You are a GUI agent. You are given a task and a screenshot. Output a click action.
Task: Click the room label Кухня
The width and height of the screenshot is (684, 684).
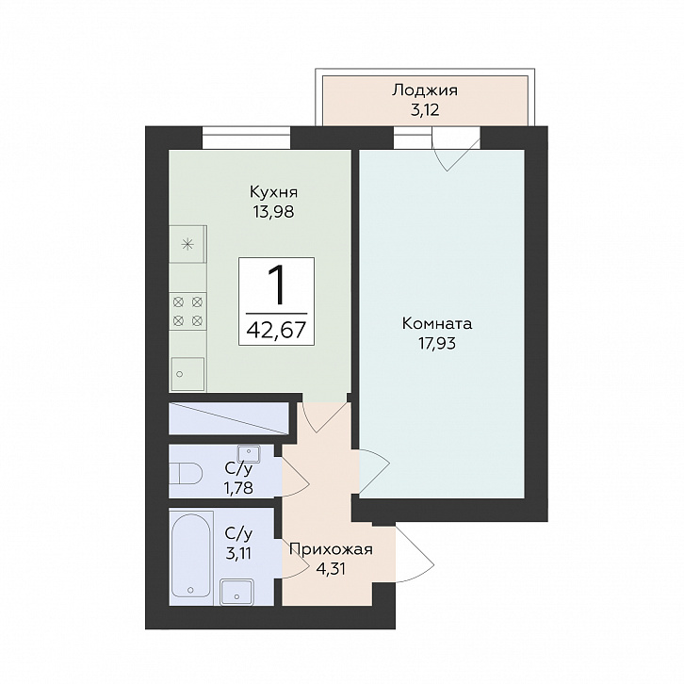click(273, 192)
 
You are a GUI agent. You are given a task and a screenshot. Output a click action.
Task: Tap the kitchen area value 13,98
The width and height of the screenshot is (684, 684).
click(273, 212)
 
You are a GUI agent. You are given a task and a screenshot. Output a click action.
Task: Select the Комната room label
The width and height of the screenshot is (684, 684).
click(436, 324)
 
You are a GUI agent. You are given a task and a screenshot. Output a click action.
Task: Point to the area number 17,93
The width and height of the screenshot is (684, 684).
click(436, 344)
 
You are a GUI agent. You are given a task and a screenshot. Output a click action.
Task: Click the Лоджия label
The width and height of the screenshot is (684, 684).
click(425, 90)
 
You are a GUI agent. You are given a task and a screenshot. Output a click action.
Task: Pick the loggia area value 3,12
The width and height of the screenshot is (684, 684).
click(425, 110)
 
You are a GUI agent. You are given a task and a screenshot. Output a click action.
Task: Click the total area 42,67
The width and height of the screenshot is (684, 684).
click(276, 330)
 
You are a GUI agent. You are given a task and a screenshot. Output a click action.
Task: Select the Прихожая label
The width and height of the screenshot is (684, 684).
click(331, 549)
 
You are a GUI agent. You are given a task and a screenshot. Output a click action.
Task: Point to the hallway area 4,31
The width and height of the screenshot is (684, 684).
click(330, 569)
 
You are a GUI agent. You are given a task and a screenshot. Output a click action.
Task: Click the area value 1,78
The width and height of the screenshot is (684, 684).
click(238, 487)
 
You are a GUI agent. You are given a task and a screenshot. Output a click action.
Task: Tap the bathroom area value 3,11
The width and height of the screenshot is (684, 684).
click(238, 554)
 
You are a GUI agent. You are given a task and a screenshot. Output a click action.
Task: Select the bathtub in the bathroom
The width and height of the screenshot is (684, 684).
click(190, 557)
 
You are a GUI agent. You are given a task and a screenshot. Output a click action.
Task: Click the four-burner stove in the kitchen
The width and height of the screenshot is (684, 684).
click(187, 311)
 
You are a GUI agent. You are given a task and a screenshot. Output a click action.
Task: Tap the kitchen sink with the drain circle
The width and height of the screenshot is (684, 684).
click(187, 373)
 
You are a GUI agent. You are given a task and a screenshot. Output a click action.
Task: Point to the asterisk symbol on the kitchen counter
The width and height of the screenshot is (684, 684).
click(187, 244)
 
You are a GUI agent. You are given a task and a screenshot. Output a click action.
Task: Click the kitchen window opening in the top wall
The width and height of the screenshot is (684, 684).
click(247, 138)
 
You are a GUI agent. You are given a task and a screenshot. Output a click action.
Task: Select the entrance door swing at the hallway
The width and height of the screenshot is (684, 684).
click(415, 554)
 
